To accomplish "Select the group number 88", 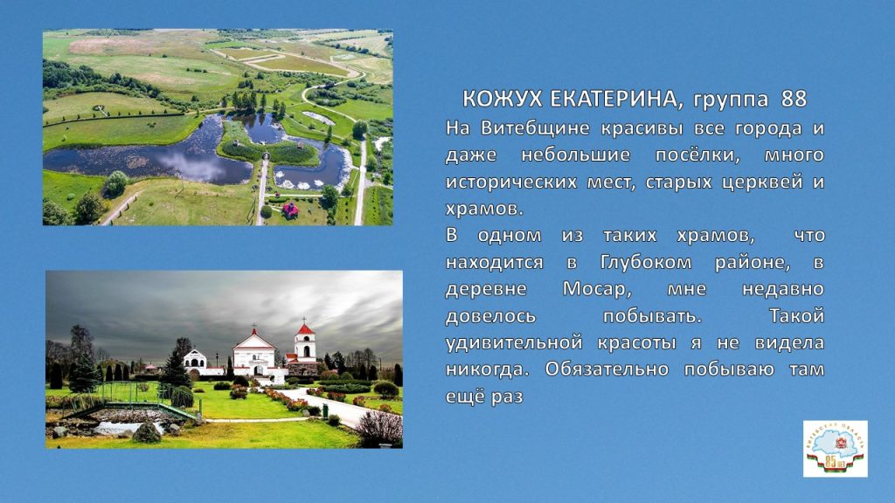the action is (794, 99).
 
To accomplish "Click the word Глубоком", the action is (646, 262).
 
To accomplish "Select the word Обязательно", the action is (607, 369).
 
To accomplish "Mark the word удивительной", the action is (514, 342).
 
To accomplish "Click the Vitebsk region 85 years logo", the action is (835, 449).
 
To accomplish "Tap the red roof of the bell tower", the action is (305, 329).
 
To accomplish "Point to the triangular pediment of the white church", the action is (254, 341).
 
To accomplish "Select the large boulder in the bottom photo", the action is (147, 433).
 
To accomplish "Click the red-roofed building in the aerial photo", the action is (290, 210).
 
